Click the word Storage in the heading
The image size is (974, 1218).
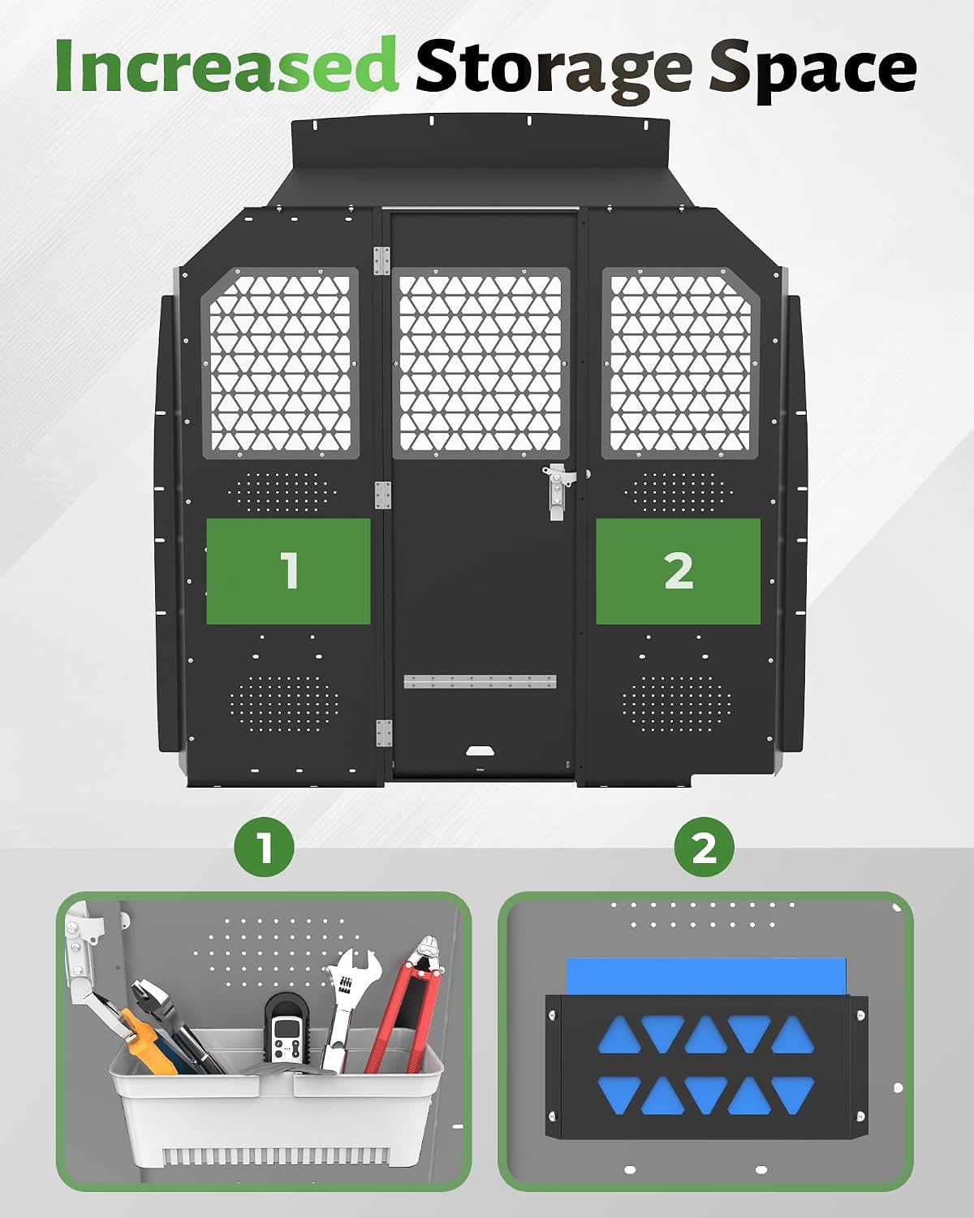point(554,70)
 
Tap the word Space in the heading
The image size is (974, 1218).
point(812,70)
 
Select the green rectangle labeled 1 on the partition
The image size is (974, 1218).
point(288,571)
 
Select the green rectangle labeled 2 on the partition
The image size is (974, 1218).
point(678,571)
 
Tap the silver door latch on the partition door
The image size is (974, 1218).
point(558,490)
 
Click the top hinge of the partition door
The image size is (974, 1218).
point(381,261)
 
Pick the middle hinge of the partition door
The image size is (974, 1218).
point(382,496)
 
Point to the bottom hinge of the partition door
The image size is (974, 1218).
point(384,734)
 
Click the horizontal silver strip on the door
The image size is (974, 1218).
point(480,681)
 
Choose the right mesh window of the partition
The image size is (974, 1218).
point(680,363)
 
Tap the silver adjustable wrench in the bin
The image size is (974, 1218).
point(347,1009)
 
